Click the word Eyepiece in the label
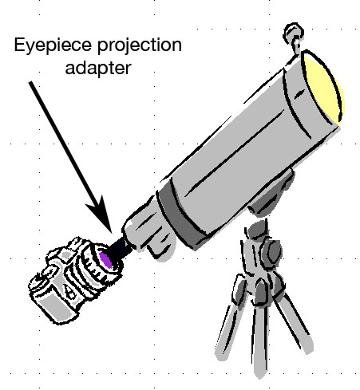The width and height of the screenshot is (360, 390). coord(53,45)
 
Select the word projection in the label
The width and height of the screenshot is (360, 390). coord(140,45)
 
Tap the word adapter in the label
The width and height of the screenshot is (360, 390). coord(98,68)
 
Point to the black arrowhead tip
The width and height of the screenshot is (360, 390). coord(112,232)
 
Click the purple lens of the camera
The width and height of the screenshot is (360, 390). coord(105,260)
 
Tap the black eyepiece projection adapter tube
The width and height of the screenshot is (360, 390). coord(120,248)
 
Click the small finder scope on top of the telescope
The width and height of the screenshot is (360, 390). coord(294,35)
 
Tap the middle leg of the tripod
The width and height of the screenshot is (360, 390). coord(259,341)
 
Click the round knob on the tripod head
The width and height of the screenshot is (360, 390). coord(271,252)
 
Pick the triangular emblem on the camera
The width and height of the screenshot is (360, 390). coord(69,293)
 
